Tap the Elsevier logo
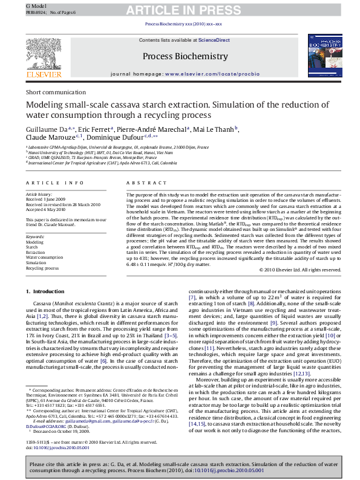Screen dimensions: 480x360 44,60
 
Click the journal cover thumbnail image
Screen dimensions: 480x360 315,59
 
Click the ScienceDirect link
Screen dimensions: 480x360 215,40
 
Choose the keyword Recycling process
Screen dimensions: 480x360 42,268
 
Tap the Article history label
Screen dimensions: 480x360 39,194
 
